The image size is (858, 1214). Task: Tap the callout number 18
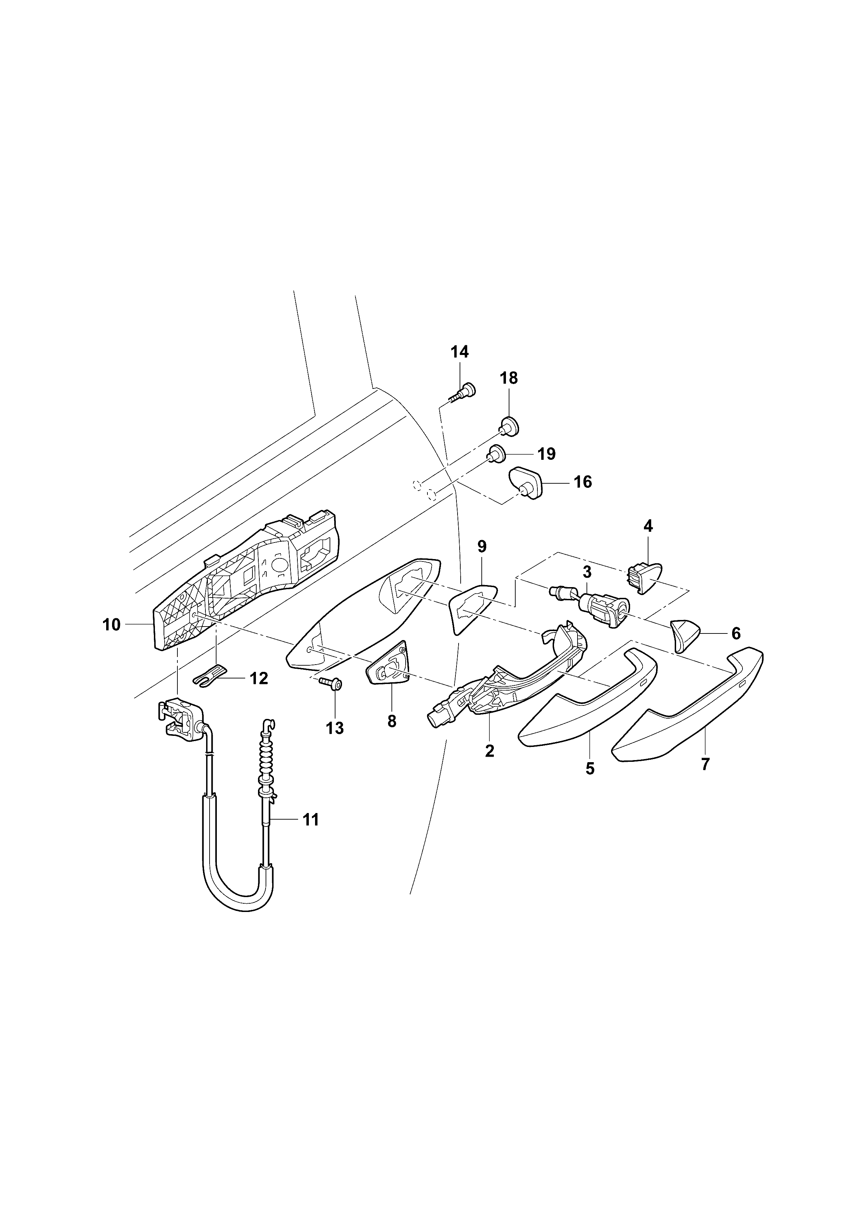click(x=509, y=378)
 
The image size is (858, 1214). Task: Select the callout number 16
click(x=583, y=482)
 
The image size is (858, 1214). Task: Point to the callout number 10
click(x=112, y=624)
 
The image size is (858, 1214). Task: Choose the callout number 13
click(x=335, y=728)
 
